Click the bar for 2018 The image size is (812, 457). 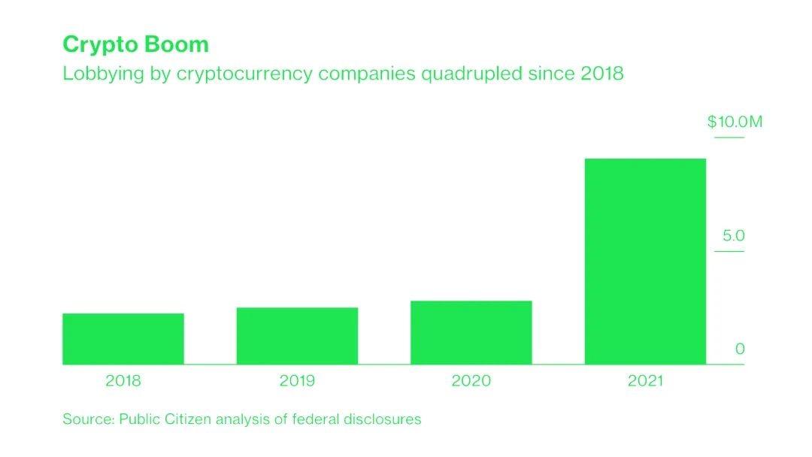[123, 339]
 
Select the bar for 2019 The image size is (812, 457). [297, 336]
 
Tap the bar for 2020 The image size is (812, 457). [471, 333]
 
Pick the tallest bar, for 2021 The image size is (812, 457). [645, 262]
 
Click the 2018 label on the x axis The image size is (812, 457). [123, 381]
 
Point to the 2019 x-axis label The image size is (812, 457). [297, 381]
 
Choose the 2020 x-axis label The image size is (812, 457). [471, 381]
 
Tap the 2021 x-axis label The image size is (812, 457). [645, 381]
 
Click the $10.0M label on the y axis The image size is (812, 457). [735, 122]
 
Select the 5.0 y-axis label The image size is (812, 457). [733, 236]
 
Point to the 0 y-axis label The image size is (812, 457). [740, 350]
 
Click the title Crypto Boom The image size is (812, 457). [135, 44]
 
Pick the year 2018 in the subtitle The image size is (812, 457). [601, 75]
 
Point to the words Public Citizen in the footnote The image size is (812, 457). [165, 419]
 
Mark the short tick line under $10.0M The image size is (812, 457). [729, 138]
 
